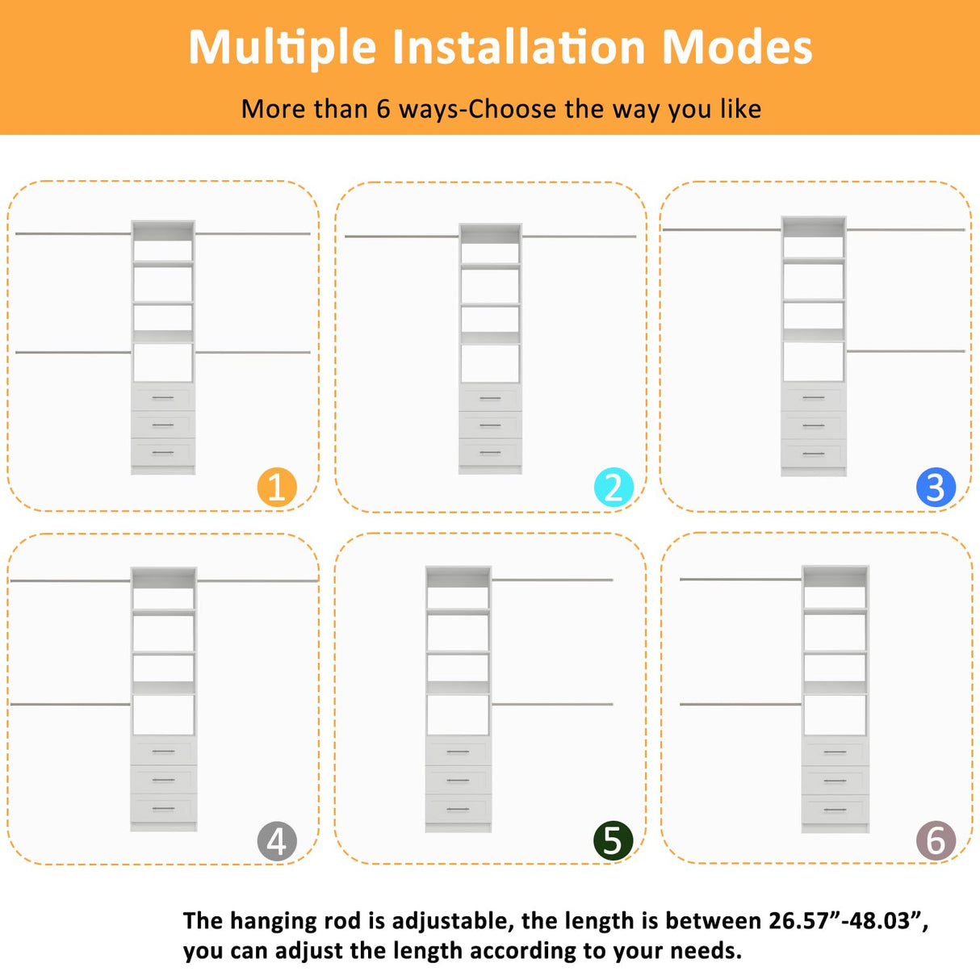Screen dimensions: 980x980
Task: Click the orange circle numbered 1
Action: tap(277, 488)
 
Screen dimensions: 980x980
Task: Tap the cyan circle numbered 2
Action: tap(614, 488)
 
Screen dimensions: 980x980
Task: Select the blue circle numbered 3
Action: tap(936, 488)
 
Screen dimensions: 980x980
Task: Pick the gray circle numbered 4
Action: tap(277, 841)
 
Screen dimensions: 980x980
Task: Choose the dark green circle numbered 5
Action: tap(614, 840)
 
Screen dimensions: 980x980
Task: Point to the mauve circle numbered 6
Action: tap(936, 840)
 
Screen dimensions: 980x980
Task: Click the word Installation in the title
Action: tap(519, 47)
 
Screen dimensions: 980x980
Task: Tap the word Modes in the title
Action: tap(737, 47)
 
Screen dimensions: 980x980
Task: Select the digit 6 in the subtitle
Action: tap(383, 109)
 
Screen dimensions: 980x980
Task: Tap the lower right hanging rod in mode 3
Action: tap(906, 351)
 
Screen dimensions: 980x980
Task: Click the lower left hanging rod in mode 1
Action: tap(73, 352)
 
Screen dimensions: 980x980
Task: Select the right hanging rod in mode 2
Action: tap(579, 237)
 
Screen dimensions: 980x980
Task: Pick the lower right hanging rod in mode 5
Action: tap(552, 704)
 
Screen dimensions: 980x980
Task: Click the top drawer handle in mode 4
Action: tap(163, 752)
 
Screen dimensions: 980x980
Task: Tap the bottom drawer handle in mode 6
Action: tap(836, 810)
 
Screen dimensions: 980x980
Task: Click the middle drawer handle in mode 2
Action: tap(490, 425)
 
